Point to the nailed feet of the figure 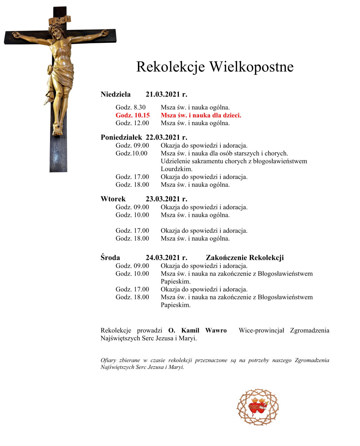(x=57, y=129)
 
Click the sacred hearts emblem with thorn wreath (x=258, y=407)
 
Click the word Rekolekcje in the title (x=171, y=67)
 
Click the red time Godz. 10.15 (x=132, y=115)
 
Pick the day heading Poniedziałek (x=121, y=137)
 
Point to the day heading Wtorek (x=113, y=199)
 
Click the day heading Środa (x=110, y=258)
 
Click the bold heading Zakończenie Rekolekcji (x=245, y=258)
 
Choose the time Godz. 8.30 (x=131, y=107)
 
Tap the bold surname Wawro (x=216, y=330)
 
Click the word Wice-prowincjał (x=261, y=330)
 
